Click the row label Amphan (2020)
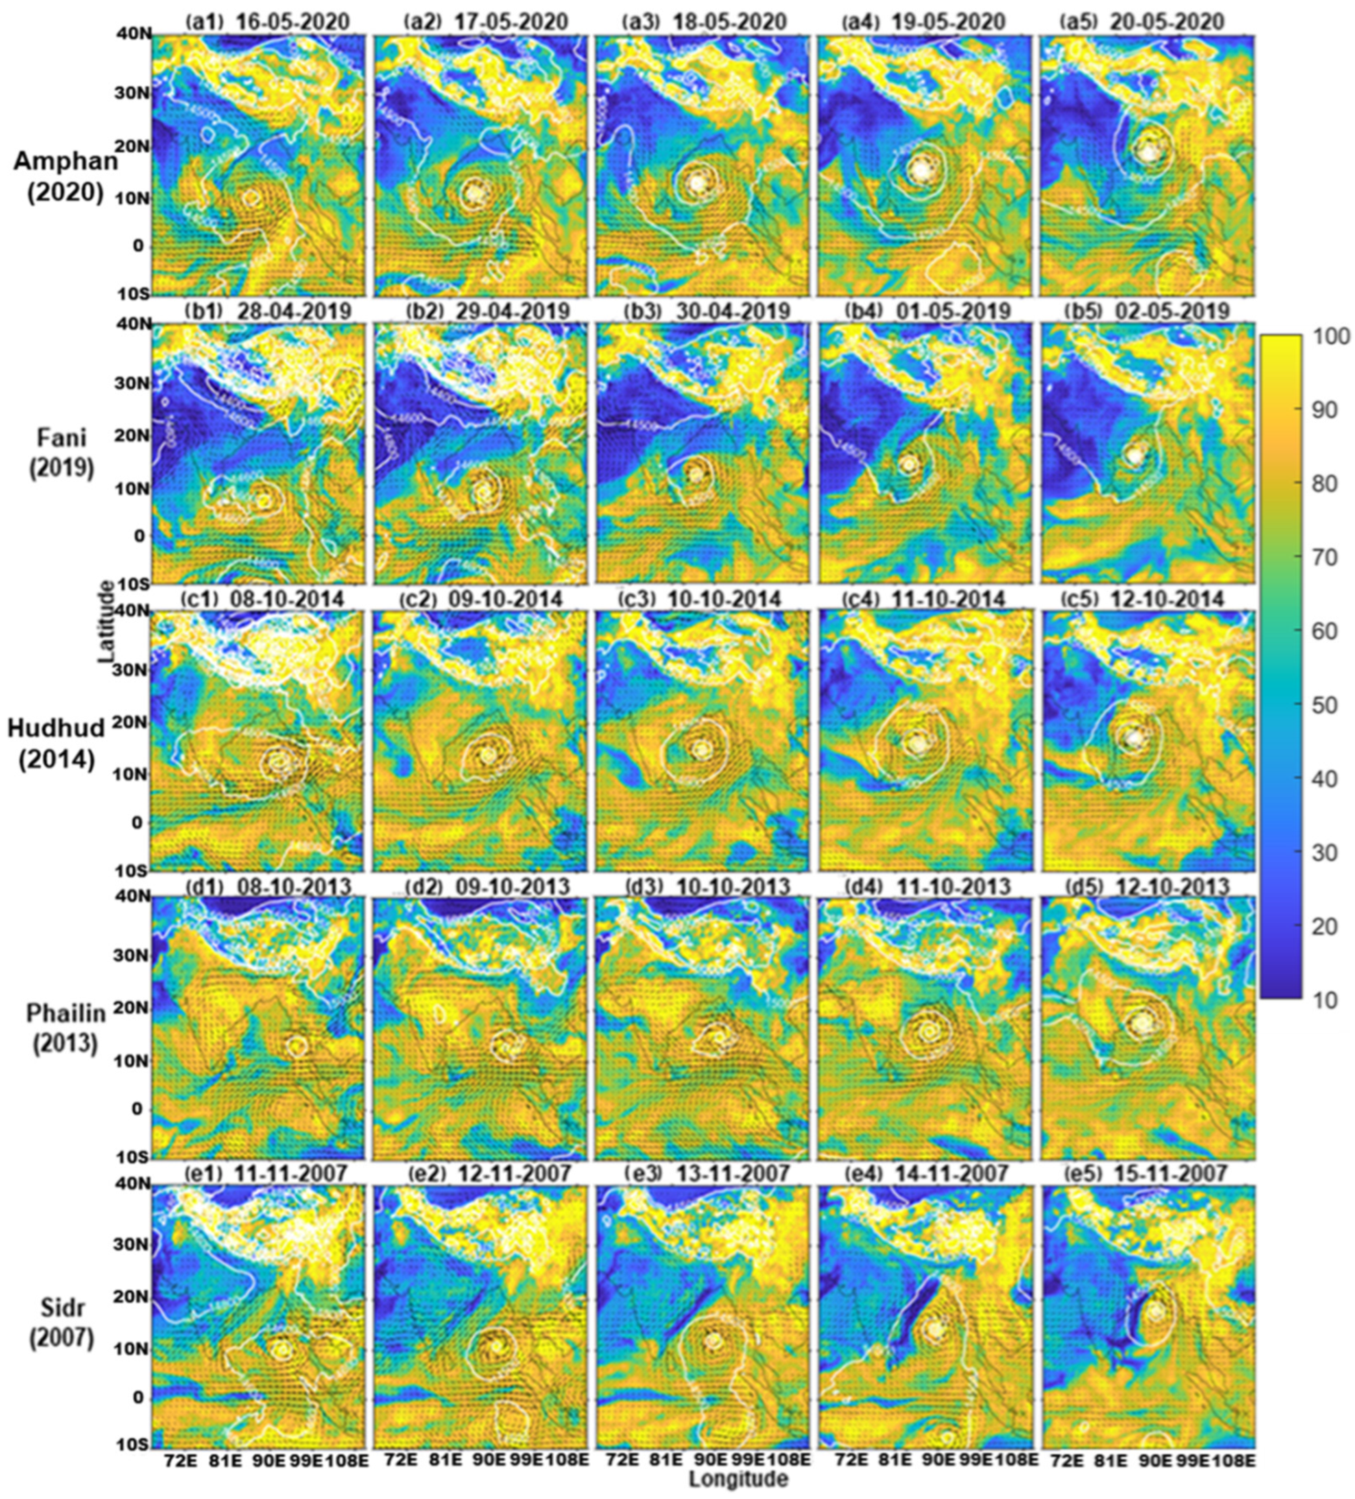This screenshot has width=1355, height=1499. coord(66,177)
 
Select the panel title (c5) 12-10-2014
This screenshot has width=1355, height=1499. coord(1143,598)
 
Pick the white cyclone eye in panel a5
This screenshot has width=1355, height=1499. coord(1149,151)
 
